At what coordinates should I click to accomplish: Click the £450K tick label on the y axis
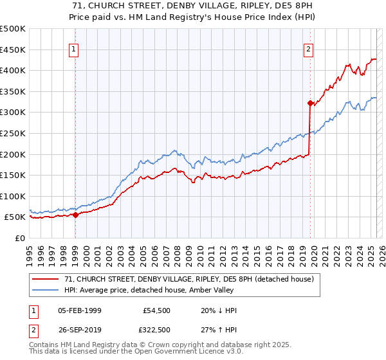tap(13, 50)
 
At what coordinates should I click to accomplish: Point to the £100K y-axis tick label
tap(13, 196)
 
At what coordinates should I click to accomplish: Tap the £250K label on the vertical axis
tap(13, 133)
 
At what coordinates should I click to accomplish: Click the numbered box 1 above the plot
tap(74, 50)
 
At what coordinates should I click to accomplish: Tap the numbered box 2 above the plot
tap(309, 50)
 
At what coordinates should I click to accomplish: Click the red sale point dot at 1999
tap(76, 215)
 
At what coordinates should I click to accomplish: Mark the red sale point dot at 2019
tap(310, 103)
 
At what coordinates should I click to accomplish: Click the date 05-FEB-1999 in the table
tap(80, 310)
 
